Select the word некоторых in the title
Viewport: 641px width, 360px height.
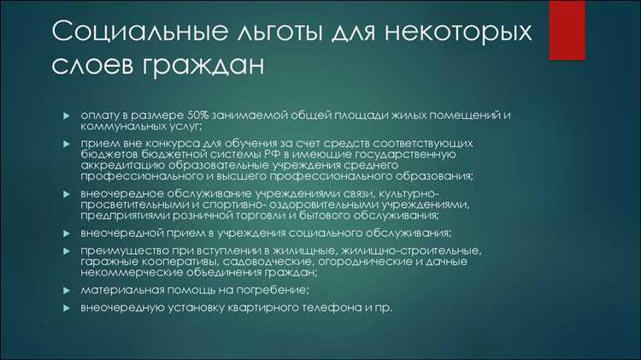click(453, 33)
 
